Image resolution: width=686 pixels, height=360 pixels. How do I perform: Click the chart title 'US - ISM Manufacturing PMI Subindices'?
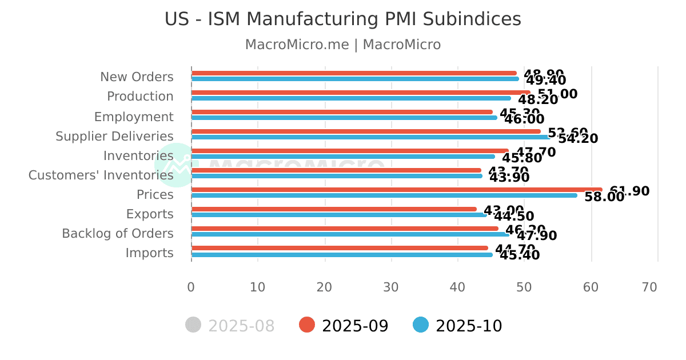(x=342, y=19)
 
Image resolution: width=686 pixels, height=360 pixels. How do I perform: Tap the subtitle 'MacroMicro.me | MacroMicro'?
(x=342, y=45)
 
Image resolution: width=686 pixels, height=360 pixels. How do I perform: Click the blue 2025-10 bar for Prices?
(x=384, y=195)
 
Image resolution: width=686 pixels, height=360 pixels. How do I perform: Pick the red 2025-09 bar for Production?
(x=360, y=93)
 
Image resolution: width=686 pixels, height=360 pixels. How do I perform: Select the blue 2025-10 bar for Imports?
(x=341, y=255)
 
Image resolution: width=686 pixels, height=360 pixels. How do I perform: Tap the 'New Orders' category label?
(x=137, y=77)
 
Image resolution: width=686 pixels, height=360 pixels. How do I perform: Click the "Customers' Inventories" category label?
(x=101, y=175)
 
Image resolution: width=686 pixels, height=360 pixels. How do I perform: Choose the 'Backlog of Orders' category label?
(x=117, y=234)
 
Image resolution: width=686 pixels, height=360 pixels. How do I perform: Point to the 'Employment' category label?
(x=134, y=117)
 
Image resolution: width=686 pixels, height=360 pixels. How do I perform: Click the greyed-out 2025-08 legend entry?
(x=230, y=326)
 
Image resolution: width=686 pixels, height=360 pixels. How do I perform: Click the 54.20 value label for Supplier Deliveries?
(x=578, y=139)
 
